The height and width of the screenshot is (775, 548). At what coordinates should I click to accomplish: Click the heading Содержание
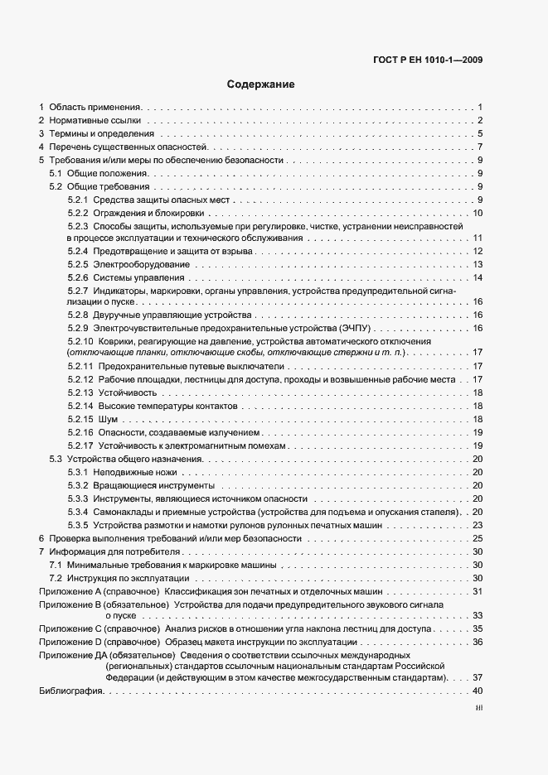click(260, 84)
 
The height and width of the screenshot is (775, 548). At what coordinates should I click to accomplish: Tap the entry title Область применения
click(95, 108)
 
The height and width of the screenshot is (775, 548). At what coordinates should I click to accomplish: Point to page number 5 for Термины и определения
click(480, 134)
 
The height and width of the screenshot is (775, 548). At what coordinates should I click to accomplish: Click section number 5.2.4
click(78, 251)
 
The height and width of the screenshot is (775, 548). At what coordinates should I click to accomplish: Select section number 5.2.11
click(80, 367)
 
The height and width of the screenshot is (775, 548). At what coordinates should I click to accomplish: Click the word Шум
click(106, 419)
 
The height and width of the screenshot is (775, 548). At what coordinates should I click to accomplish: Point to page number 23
click(478, 525)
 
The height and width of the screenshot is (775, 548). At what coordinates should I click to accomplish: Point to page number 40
click(478, 691)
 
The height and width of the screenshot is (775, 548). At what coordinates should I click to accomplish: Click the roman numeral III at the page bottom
click(478, 708)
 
